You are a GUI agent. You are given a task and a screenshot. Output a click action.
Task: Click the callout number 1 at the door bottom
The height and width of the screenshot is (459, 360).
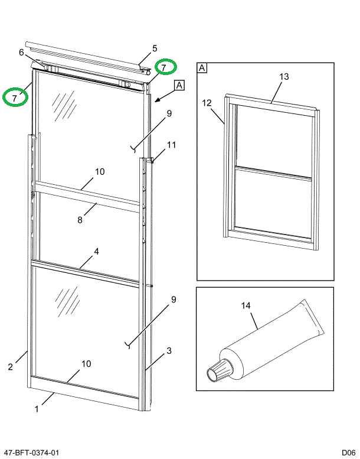(37, 409)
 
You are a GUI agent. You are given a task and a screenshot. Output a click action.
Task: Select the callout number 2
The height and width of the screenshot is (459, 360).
(11, 367)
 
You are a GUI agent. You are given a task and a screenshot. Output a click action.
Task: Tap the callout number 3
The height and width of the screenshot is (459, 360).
(169, 351)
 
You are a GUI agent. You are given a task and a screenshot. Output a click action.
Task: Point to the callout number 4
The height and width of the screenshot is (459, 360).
(96, 251)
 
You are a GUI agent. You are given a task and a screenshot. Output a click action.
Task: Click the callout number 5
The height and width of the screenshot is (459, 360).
(155, 48)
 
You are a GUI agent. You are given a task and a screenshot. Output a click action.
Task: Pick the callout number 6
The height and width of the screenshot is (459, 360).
(21, 53)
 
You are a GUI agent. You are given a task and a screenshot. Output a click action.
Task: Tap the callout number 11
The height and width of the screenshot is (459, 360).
(171, 145)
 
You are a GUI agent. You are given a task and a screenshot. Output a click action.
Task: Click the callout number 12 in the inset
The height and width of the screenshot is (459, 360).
(207, 103)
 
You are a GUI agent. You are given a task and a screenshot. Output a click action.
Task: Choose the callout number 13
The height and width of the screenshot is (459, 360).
(284, 77)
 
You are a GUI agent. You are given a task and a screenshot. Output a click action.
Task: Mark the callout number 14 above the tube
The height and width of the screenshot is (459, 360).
(246, 305)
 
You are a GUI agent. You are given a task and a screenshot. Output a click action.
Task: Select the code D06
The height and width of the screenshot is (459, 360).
(348, 453)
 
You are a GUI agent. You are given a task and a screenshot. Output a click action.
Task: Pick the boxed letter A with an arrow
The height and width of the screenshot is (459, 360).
(179, 85)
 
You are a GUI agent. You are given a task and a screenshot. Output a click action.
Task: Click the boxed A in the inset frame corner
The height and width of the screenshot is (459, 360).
(202, 68)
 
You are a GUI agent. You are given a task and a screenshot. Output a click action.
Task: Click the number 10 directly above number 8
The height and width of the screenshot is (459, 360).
(99, 172)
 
